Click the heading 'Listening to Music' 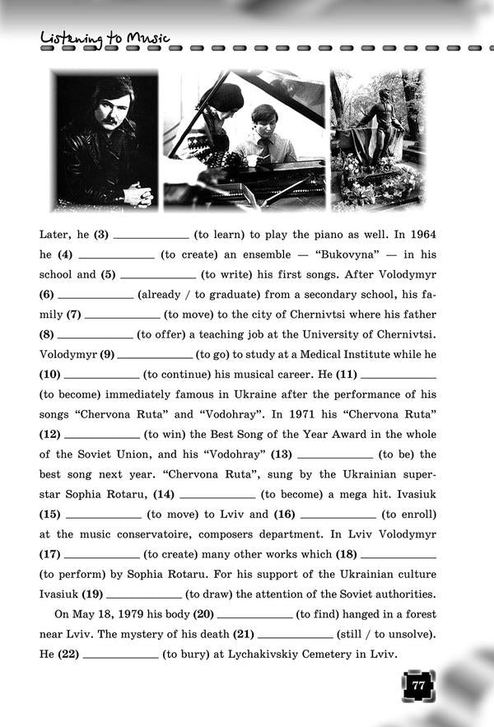pyautogui.click(x=104, y=38)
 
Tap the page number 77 pyautogui.click(x=418, y=685)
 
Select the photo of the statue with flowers pyautogui.click(x=376, y=141)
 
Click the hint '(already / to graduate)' pyautogui.click(x=202, y=294)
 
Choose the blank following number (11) pyautogui.click(x=398, y=375)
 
